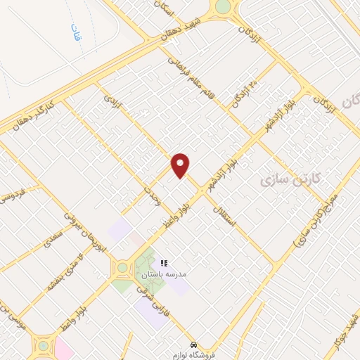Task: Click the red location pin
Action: click(x=181, y=165)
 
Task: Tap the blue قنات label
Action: click(x=74, y=31)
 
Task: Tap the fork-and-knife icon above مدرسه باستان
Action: click(x=164, y=262)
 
